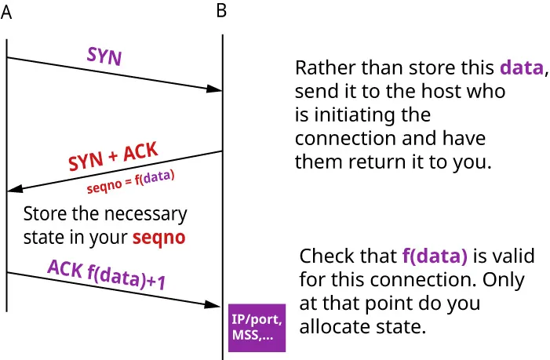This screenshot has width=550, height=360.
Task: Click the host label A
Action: point(6,13)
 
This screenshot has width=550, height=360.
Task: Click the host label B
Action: point(221,12)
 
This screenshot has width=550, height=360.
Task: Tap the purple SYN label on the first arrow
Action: point(104,57)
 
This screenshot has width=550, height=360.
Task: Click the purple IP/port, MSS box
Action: point(257,329)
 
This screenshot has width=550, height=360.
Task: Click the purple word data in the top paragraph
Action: point(521,67)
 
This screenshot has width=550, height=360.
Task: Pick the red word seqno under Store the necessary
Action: point(158,237)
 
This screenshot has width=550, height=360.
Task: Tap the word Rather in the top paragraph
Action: point(320,67)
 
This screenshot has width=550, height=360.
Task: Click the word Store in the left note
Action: point(43,213)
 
